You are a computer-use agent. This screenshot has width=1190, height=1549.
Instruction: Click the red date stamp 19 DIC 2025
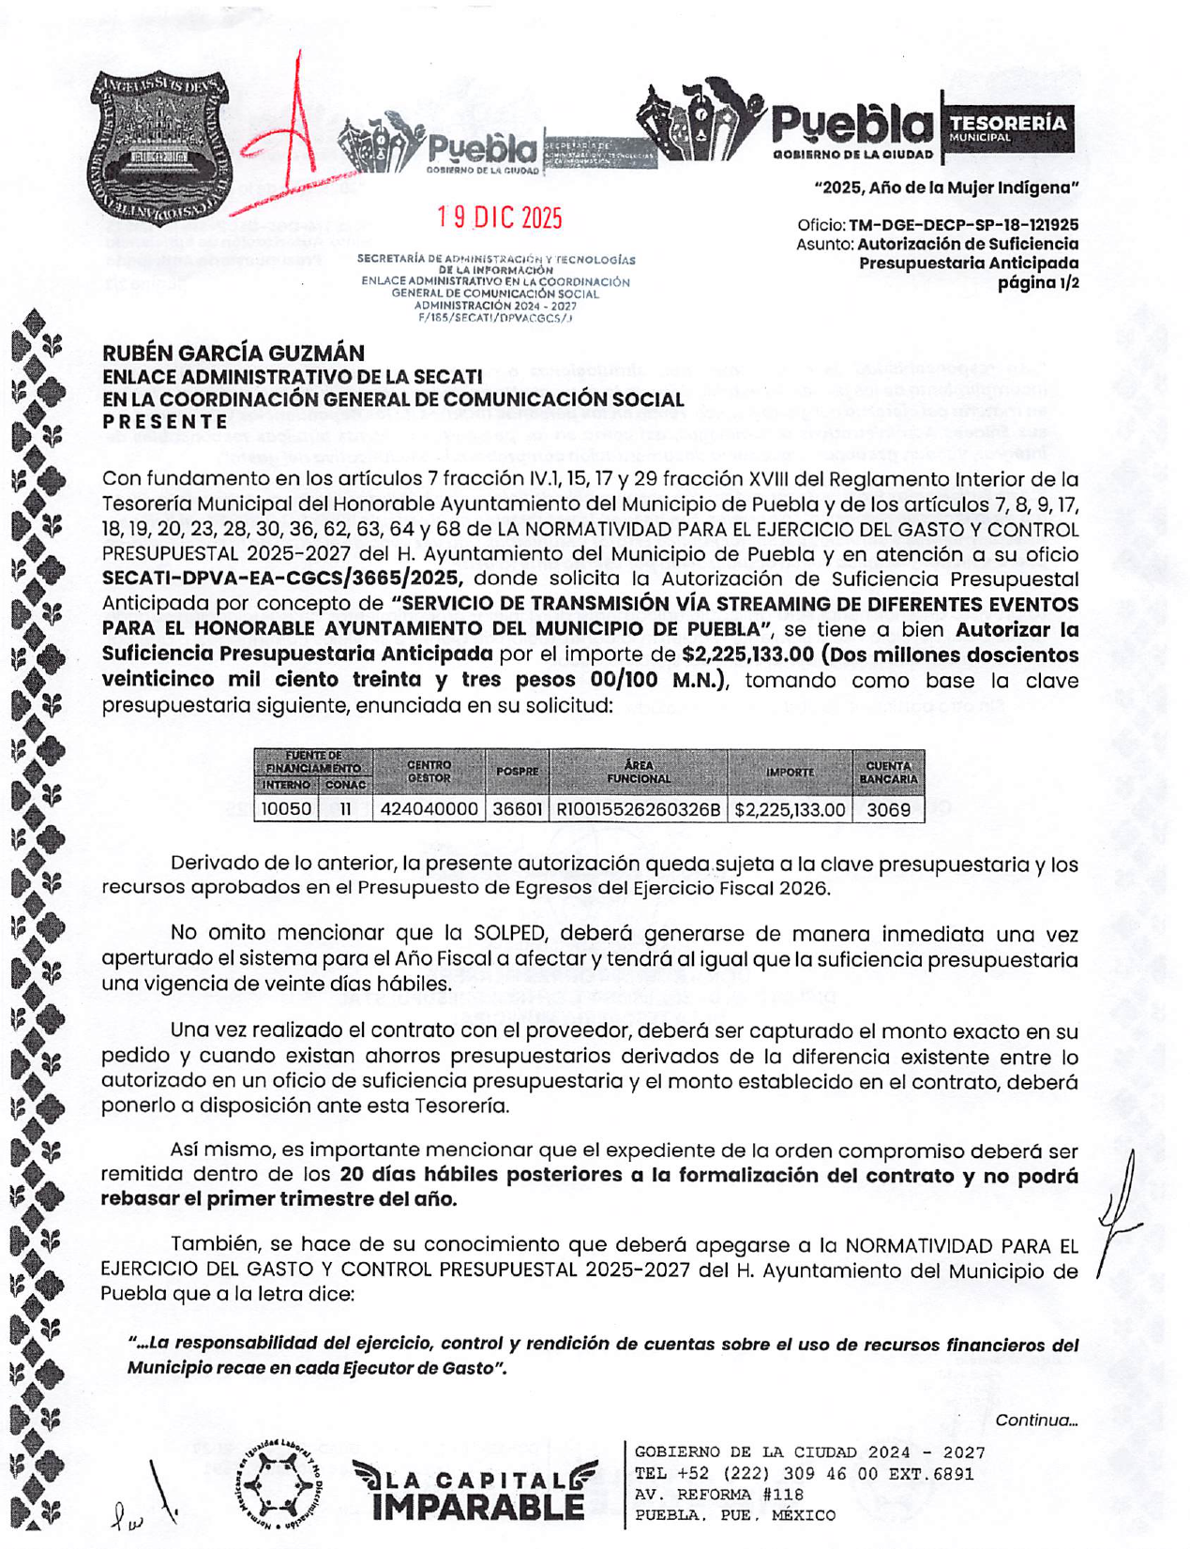[500, 218]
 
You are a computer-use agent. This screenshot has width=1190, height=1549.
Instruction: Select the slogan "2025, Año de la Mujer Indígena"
[946, 188]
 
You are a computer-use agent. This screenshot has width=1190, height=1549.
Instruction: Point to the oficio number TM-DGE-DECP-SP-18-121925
[963, 225]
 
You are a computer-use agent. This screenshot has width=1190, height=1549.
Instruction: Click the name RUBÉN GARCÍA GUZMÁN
[233, 353]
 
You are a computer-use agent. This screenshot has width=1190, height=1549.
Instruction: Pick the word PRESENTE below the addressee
[165, 421]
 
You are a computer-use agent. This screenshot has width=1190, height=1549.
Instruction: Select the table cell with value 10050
[286, 809]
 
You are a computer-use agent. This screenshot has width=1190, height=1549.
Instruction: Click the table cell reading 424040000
[429, 809]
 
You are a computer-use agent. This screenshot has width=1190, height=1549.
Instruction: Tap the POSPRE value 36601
[518, 809]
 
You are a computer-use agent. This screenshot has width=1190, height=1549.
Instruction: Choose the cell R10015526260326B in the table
[639, 809]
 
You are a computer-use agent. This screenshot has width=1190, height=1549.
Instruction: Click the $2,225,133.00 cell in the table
[790, 809]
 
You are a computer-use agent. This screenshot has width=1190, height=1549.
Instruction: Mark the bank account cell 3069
[888, 809]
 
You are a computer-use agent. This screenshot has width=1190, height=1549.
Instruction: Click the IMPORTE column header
[790, 772]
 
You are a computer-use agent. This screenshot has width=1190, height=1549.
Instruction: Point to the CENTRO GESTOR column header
[429, 772]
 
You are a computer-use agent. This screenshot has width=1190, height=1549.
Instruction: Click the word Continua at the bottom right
[1036, 1420]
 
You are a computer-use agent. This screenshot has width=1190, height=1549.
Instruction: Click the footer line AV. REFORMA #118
[719, 1495]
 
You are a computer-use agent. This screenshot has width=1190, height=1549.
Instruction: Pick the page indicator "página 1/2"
[1037, 282]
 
